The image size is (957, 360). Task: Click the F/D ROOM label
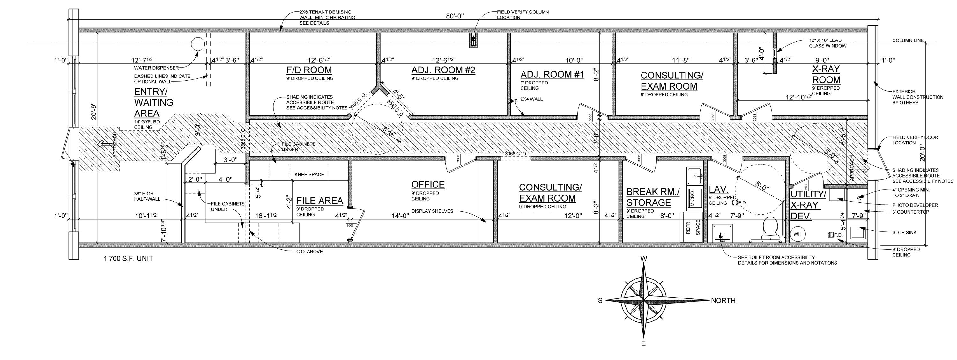tap(309, 70)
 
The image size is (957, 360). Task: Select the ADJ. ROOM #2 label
tap(443, 70)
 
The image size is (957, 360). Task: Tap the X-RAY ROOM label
tap(826, 74)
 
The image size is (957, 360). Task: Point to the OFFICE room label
tap(428, 184)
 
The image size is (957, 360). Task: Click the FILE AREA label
tap(320, 201)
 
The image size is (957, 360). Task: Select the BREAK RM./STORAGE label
tap(653, 197)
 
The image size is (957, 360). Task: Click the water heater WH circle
tap(797, 234)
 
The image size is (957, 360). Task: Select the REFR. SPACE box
tap(693, 227)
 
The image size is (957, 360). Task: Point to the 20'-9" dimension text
tap(93, 112)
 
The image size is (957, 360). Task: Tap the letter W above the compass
tap(644, 259)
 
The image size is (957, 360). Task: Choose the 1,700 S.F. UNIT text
tap(128, 259)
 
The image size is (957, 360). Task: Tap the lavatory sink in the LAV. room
tap(722, 233)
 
